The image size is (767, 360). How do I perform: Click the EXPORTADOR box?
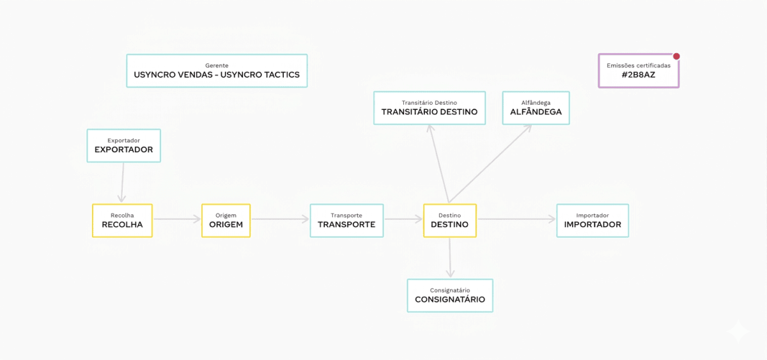[123, 146]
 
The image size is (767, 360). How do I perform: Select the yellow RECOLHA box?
[122, 221]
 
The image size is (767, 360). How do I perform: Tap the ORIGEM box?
[226, 221]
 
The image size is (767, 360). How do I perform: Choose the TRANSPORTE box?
[346, 221]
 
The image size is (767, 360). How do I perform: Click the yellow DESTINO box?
[449, 221]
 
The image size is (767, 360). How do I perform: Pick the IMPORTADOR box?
[593, 221]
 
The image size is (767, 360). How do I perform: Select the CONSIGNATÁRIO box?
[450, 295]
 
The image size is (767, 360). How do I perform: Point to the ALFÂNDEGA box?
[536, 108]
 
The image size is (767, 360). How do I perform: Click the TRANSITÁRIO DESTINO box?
[430, 108]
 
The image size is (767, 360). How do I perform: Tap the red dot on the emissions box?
[676, 56]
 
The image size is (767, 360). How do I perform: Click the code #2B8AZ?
[639, 75]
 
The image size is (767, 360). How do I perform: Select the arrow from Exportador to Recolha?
[122, 182]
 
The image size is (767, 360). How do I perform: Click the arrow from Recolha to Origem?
[177, 219]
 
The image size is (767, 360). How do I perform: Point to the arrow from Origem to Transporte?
[280, 219]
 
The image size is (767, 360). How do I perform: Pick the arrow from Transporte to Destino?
[403, 219]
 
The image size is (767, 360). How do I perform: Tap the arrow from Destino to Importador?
[516, 219]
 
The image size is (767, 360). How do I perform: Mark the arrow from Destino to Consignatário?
[450, 258]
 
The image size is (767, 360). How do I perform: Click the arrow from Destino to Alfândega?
[490, 164]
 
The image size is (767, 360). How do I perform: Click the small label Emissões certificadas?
[639, 65]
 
